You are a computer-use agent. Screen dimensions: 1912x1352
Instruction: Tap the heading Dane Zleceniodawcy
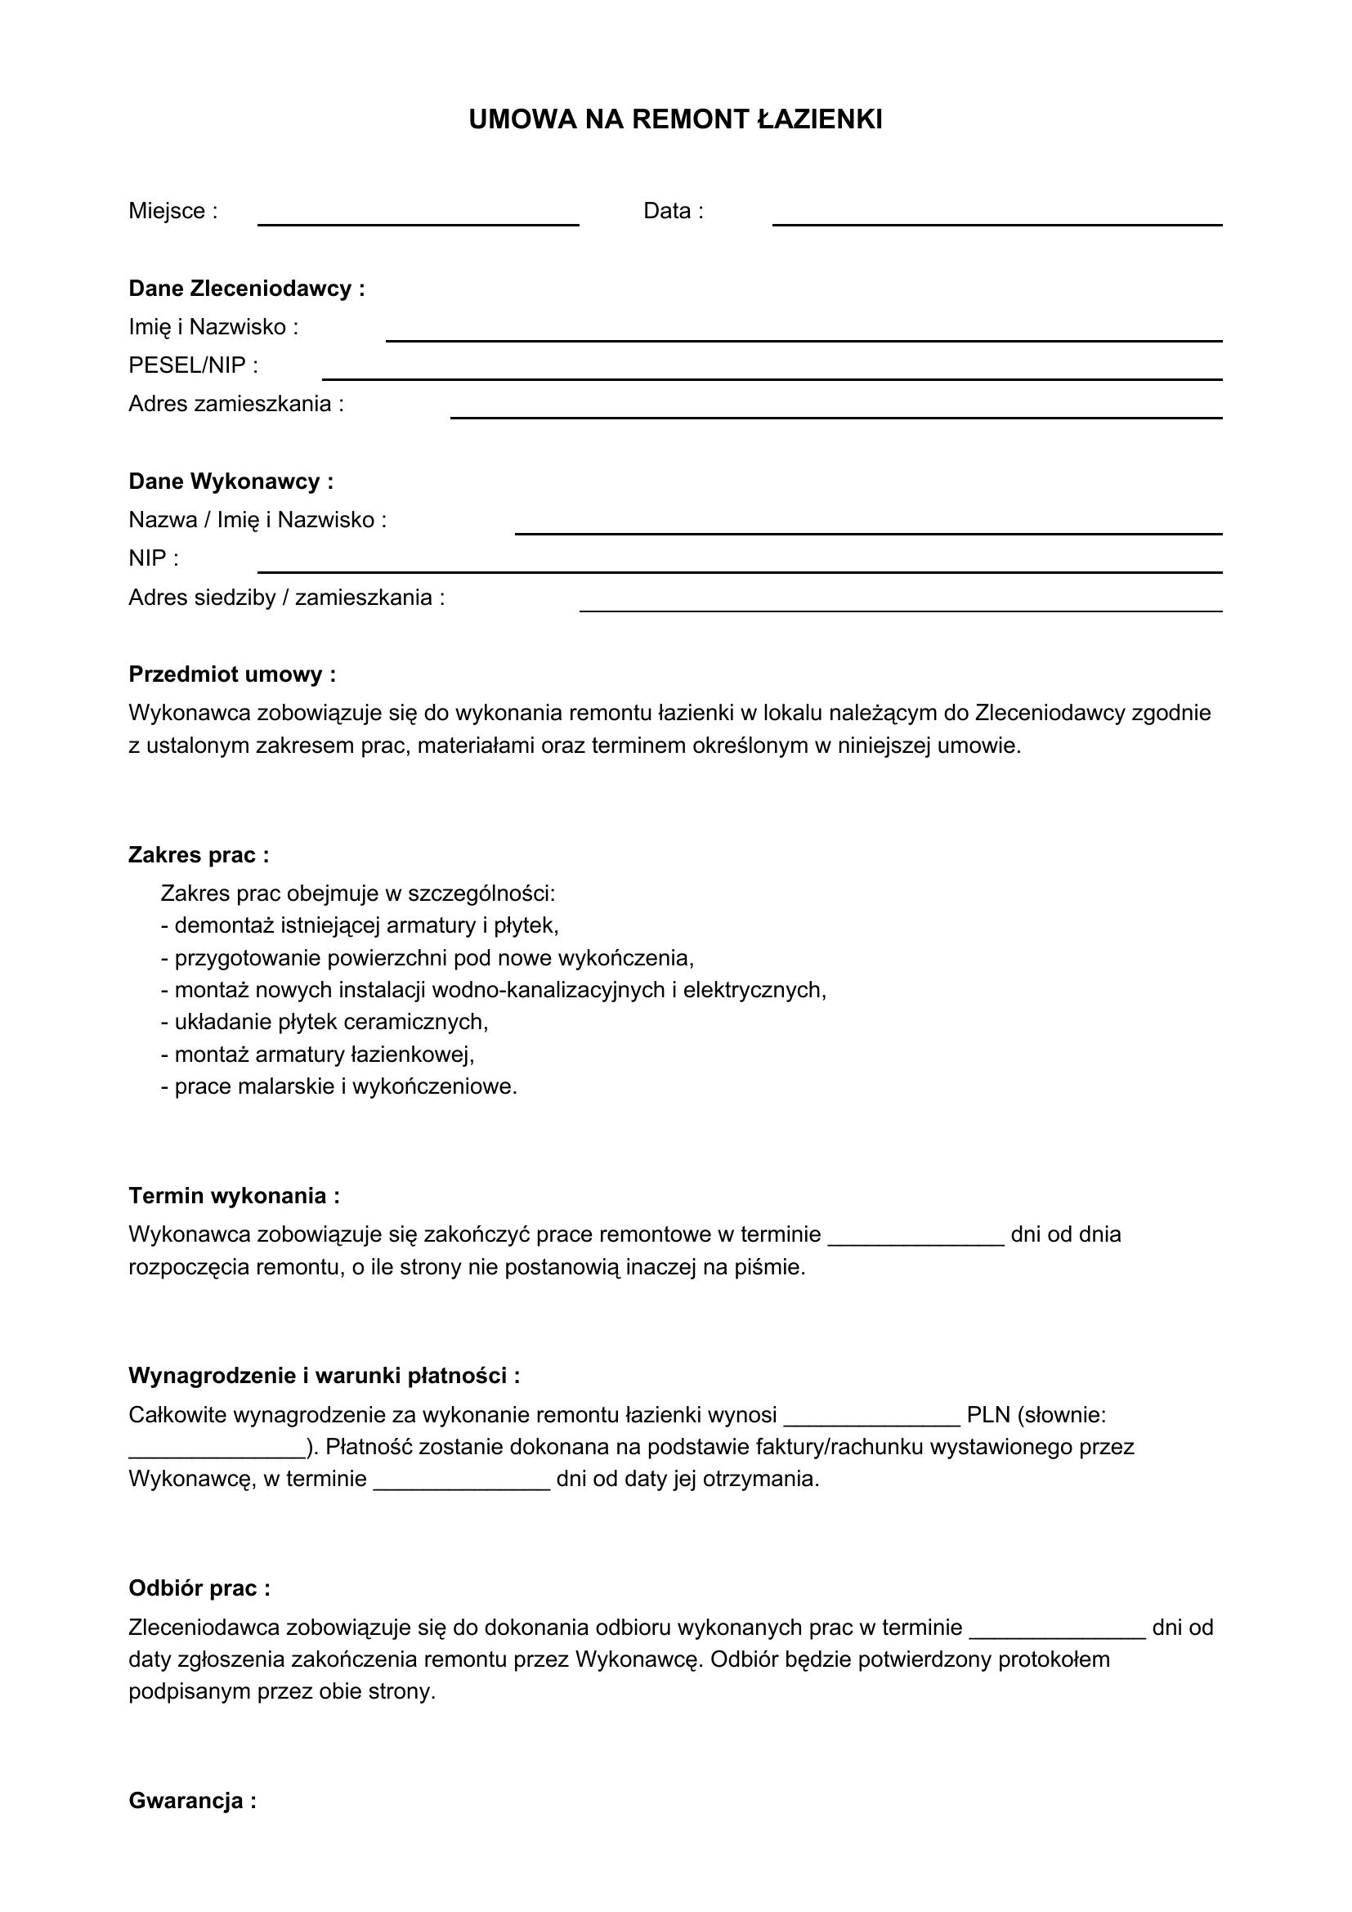click(246, 289)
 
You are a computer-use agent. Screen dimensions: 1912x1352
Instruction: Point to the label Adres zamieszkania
click(235, 404)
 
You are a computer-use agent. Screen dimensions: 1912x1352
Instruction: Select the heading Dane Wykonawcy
click(231, 481)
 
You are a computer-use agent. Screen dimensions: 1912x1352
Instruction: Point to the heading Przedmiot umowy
click(232, 674)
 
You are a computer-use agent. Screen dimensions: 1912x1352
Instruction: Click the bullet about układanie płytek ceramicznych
click(325, 1022)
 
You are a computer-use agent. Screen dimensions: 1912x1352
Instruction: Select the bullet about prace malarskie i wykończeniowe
click(339, 1086)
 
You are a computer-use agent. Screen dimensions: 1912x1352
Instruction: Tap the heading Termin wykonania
click(234, 1196)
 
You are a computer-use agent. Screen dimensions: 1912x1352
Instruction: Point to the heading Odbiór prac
click(199, 1588)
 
